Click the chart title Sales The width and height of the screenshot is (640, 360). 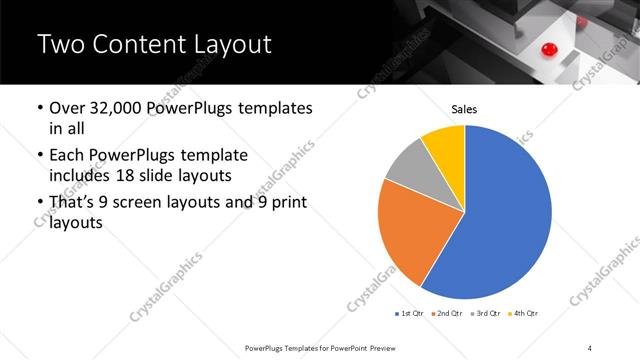(465, 109)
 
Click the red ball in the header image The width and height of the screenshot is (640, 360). (548, 49)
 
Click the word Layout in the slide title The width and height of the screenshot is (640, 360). (230, 46)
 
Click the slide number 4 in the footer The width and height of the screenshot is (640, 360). (590, 346)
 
